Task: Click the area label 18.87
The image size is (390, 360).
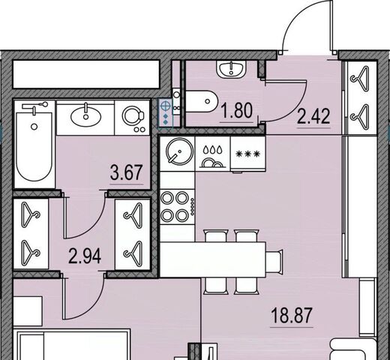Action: click(x=292, y=316)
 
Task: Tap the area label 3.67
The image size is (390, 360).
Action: click(x=127, y=172)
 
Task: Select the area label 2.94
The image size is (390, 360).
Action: click(x=85, y=256)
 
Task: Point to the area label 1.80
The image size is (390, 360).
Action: click(x=237, y=111)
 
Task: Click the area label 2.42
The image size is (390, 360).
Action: click(x=313, y=116)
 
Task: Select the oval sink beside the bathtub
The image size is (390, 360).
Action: click(x=86, y=116)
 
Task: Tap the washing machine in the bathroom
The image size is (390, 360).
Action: click(x=133, y=118)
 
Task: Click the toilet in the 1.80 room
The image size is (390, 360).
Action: click(x=201, y=101)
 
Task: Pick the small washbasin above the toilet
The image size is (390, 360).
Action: click(x=232, y=70)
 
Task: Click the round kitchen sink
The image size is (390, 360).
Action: click(x=180, y=151)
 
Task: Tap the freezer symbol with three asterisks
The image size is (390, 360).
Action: click(x=248, y=154)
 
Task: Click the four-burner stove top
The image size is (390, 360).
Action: click(x=177, y=207)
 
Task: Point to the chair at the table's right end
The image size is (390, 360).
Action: click(x=274, y=262)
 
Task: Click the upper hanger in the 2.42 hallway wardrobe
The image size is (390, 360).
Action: click(x=360, y=78)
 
